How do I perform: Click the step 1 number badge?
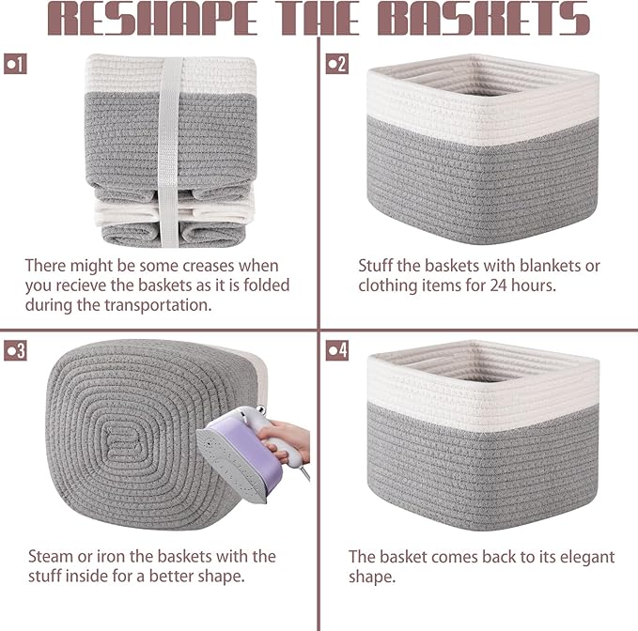point(15,64)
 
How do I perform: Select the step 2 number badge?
point(336,64)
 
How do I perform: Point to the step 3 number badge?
point(15,350)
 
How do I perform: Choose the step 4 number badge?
point(336,350)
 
